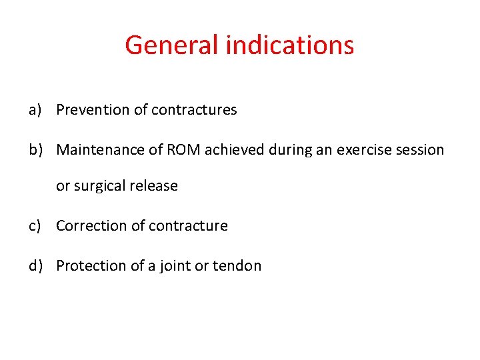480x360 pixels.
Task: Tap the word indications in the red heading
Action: (289, 45)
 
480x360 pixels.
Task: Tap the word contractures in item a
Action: (194, 110)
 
